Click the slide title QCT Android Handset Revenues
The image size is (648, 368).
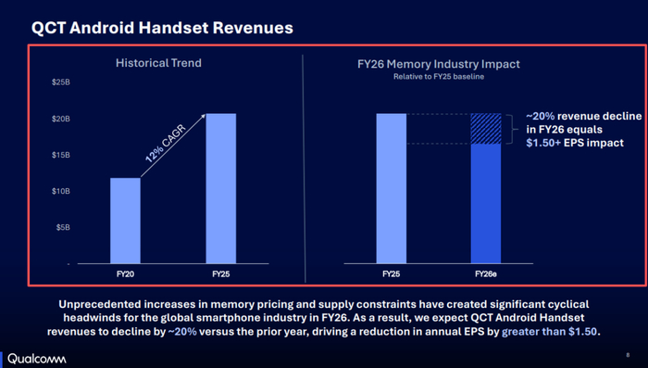[162, 28]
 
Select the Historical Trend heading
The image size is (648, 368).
[158, 63]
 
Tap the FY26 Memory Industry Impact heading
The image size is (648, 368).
[439, 64]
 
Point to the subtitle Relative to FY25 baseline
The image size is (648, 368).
[439, 77]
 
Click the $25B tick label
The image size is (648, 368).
[61, 82]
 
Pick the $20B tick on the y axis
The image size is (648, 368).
[61, 119]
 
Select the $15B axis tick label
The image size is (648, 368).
[61, 155]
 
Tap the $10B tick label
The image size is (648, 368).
[61, 191]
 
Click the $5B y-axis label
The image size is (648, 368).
[63, 227]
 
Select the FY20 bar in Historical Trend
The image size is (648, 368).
[125, 221]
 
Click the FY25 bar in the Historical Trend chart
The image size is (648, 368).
[221, 188]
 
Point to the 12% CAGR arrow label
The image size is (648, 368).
[166, 144]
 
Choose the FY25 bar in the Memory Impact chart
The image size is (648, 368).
[392, 188]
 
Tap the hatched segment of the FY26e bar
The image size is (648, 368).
[486, 129]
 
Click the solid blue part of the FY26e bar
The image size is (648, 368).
[486, 204]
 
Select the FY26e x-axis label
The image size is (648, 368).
[486, 274]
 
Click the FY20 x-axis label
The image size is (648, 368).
[125, 274]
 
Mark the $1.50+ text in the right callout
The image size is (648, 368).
[543, 143]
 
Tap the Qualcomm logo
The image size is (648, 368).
[37, 359]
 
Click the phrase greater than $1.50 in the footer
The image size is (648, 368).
[550, 332]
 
